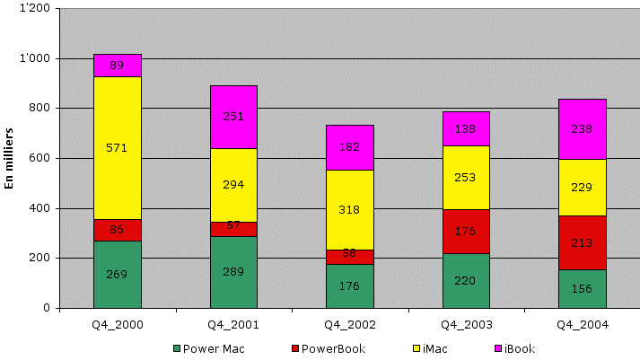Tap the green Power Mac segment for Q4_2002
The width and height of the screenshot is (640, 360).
(x=349, y=286)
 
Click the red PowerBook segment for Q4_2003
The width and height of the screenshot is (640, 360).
(x=466, y=231)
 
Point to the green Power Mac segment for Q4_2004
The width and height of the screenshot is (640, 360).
(x=583, y=289)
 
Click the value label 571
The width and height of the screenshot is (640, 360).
(x=118, y=148)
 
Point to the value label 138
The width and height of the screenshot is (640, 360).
(x=466, y=129)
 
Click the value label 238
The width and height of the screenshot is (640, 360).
(x=583, y=128)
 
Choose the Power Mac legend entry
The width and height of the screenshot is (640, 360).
(x=207, y=348)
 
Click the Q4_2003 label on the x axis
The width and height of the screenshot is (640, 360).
(x=466, y=325)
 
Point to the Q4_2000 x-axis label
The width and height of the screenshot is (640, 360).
(x=118, y=325)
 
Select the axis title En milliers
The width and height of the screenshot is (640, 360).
(x=10, y=157)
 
